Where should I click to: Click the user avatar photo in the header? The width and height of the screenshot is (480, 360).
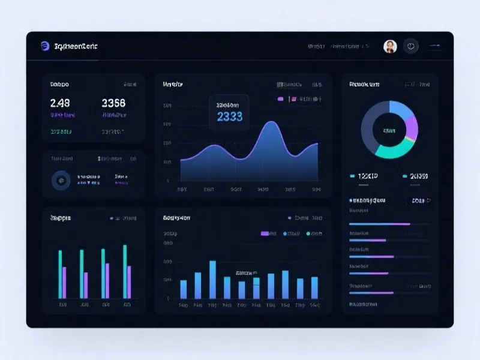click(x=390, y=46)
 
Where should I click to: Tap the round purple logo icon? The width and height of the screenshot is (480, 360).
click(x=44, y=46)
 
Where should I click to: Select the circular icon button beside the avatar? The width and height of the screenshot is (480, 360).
click(x=411, y=46)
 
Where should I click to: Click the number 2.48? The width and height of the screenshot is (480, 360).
click(x=60, y=103)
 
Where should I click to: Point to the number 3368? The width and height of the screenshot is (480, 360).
click(x=114, y=103)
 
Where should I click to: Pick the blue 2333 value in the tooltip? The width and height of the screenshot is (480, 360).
click(x=230, y=117)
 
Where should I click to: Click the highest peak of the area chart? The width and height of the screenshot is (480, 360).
click(x=271, y=122)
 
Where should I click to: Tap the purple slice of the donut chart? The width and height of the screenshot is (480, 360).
click(x=412, y=127)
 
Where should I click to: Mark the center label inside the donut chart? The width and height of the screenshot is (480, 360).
click(x=389, y=130)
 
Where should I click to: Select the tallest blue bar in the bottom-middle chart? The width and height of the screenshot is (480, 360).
click(x=212, y=280)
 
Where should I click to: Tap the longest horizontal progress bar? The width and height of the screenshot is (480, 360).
click(x=379, y=224)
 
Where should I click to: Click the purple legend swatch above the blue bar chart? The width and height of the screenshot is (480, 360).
click(x=265, y=233)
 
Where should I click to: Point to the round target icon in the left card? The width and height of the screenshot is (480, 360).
click(x=60, y=179)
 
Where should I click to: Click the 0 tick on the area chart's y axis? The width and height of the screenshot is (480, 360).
click(x=168, y=180)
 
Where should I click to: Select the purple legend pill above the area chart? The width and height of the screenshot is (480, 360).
click(x=280, y=98)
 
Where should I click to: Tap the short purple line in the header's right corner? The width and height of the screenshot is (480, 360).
click(x=434, y=46)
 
